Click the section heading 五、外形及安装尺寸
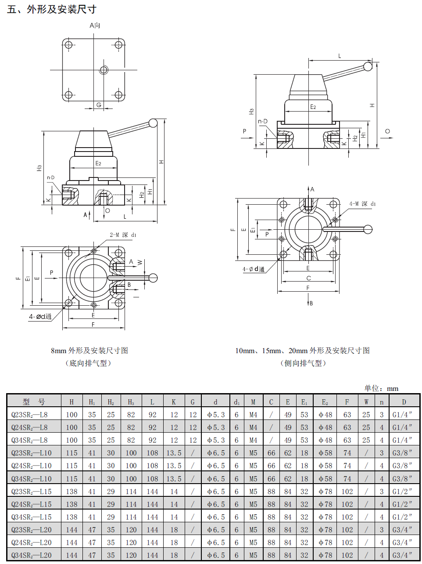52,10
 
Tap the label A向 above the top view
95,25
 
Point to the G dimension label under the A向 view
99,105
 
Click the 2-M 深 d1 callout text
123,235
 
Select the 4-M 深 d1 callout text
362,204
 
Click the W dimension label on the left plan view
140,262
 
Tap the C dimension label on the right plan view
309,278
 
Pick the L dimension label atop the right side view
340,56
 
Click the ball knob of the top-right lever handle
368,67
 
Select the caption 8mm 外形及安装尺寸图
89,351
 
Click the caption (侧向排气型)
303,363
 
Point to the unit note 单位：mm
381,388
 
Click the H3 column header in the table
131,402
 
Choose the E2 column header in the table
325,402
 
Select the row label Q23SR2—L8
29,415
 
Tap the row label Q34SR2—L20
31,555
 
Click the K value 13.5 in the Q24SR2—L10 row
174,466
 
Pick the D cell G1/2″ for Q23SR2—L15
402,491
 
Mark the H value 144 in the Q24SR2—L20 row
72,542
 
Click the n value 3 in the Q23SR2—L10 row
382,453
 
